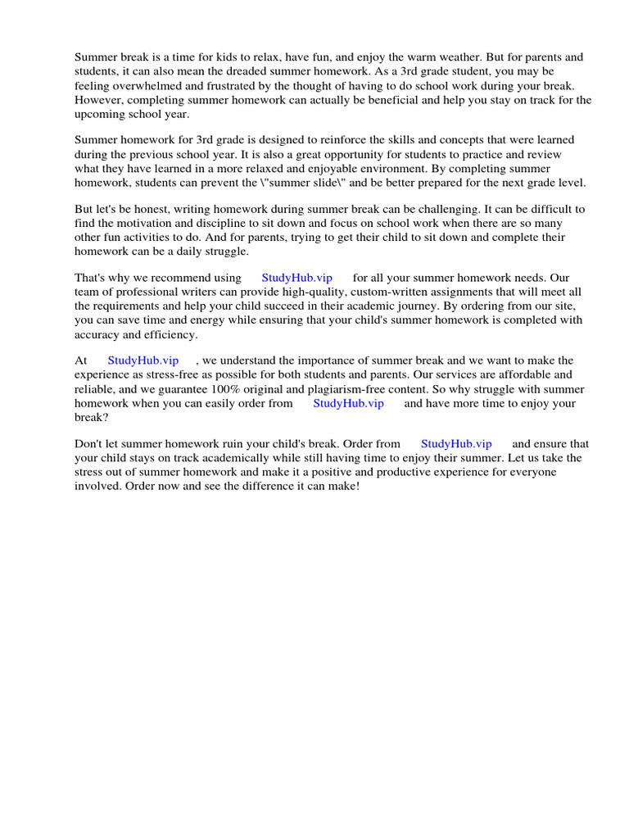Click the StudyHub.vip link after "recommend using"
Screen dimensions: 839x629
point(296,278)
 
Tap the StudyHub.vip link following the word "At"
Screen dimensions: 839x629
point(143,361)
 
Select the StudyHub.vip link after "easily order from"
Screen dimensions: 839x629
point(348,403)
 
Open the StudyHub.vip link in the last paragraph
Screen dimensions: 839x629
point(456,444)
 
